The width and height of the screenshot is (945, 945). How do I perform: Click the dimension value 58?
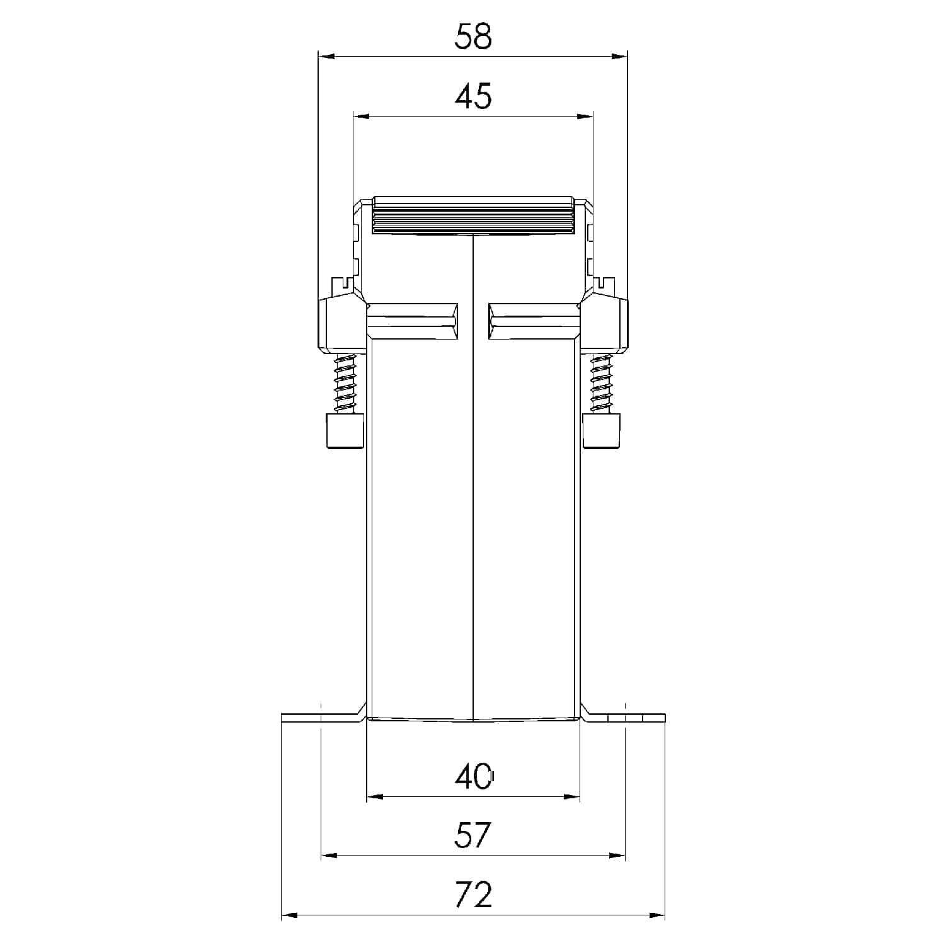click(472, 37)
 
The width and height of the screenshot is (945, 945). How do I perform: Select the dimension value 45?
click(473, 96)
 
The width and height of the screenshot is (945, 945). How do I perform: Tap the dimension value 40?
click(473, 777)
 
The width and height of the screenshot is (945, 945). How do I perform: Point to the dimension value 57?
click(472, 835)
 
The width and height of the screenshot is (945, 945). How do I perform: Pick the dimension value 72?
click(472, 895)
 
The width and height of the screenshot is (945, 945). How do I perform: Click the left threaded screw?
click(345, 382)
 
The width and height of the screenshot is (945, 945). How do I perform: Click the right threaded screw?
click(601, 382)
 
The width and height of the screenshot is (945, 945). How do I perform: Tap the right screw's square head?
click(602, 431)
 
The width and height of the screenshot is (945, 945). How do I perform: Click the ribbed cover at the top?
click(473, 215)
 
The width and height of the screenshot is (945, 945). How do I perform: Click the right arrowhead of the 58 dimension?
click(620, 57)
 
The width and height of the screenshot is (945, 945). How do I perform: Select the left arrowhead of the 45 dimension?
click(360, 116)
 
